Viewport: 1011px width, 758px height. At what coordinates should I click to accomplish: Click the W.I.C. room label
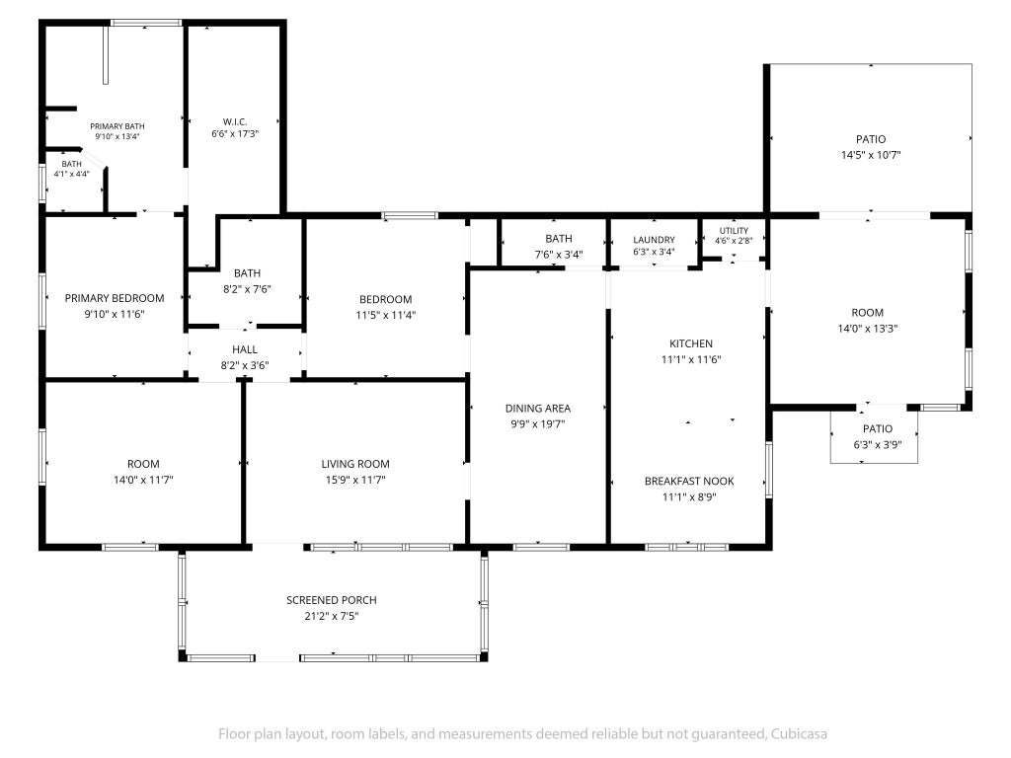pyautogui.click(x=235, y=121)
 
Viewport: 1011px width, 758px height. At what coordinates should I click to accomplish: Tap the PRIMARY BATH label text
pyautogui.click(x=117, y=126)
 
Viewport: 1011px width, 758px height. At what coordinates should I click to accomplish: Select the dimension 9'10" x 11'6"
pyautogui.click(x=115, y=315)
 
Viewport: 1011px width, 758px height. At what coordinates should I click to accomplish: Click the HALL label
pyautogui.click(x=245, y=349)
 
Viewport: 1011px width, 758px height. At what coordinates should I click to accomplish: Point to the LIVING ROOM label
pyautogui.click(x=355, y=464)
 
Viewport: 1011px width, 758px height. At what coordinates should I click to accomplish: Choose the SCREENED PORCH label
pyautogui.click(x=332, y=600)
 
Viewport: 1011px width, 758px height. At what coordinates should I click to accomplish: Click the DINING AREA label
pyautogui.click(x=538, y=409)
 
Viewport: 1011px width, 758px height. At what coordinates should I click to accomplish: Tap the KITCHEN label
pyautogui.click(x=691, y=344)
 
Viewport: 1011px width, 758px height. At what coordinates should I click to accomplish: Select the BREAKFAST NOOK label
pyautogui.click(x=689, y=482)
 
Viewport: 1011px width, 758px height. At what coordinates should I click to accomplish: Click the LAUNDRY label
pyautogui.click(x=654, y=240)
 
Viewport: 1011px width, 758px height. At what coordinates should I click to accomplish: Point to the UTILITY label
pyautogui.click(x=734, y=231)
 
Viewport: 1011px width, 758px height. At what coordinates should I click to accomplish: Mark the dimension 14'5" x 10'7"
pyautogui.click(x=871, y=155)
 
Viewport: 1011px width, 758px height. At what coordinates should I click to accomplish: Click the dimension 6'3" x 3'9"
pyautogui.click(x=877, y=445)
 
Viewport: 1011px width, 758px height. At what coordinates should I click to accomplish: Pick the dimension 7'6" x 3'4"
pyautogui.click(x=559, y=255)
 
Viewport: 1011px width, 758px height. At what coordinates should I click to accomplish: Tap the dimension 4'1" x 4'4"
pyautogui.click(x=71, y=174)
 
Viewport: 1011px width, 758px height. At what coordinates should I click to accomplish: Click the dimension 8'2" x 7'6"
pyautogui.click(x=247, y=289)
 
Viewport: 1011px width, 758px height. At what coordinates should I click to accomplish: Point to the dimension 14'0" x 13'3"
pyautogui.click(x=867, y=329)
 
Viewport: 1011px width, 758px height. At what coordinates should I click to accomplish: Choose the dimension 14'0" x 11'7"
pyautogui.click(x=143, y=481)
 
